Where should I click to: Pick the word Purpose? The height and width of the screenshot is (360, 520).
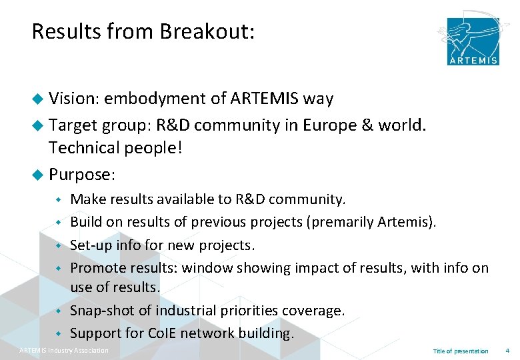(81, 175)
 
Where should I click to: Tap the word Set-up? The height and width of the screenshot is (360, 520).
(91, 245)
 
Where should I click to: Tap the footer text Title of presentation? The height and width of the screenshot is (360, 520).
(460, 351)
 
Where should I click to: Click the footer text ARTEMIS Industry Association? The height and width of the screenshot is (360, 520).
(63, 351)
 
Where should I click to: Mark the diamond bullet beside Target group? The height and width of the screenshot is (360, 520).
(39, 124)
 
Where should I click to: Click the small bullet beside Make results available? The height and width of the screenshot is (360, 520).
(59, 199)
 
